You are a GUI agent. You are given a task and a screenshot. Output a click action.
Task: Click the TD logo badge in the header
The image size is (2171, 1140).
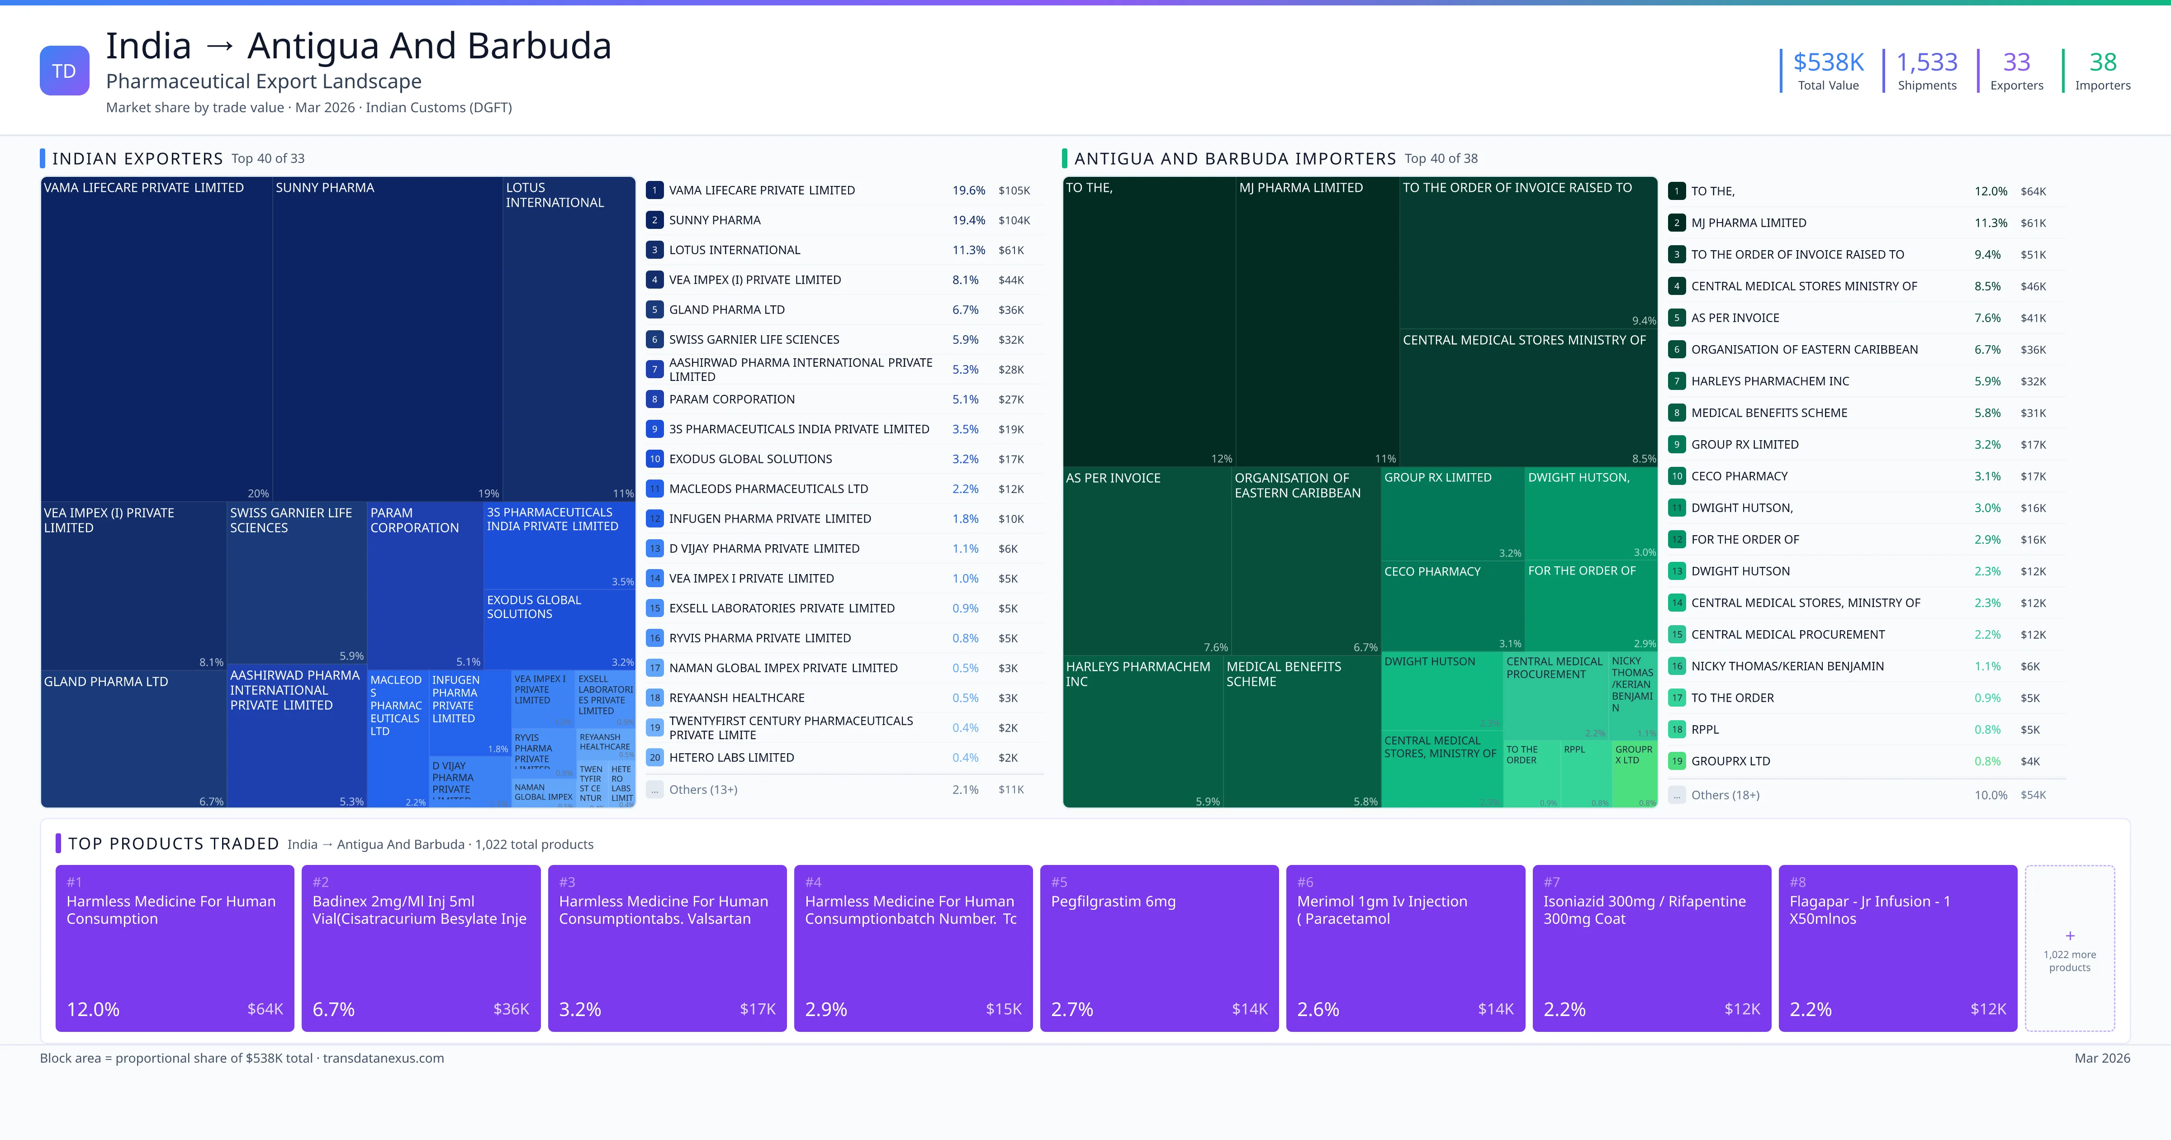point(64,71)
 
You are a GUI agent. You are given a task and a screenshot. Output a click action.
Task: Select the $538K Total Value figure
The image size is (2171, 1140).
point(1828,62)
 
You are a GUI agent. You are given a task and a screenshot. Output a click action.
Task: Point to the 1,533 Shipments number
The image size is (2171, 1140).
point(1927,62)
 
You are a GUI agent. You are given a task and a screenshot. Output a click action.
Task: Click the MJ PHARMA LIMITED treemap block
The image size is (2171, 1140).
point(1317,320)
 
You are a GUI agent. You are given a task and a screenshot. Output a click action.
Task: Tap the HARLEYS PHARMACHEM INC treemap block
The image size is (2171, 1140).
point(1142,734)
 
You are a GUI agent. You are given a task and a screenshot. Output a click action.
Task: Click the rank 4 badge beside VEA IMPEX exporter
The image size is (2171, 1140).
point(654,280)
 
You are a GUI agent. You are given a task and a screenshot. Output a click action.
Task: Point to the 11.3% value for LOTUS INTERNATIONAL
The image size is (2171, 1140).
point(968,251)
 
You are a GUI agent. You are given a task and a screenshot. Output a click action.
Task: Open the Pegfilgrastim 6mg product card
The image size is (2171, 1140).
point(1159,948)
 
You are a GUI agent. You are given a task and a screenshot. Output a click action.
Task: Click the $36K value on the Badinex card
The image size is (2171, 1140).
point(511,1009)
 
